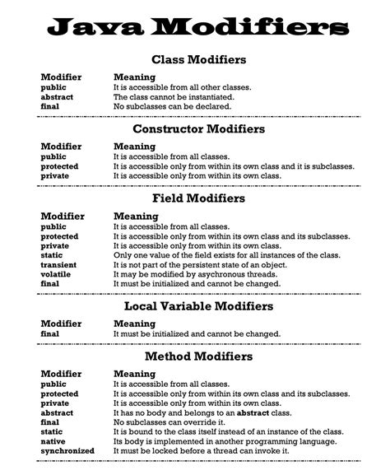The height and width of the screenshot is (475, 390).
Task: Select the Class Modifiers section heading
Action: coord(198,60)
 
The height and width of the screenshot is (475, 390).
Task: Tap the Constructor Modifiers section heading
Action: coord(198,129)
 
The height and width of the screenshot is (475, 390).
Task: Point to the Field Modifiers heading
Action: coord(198,198)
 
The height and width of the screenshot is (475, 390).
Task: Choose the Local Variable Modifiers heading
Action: coord(198,306)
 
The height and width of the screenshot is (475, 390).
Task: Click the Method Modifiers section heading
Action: coord(198,356)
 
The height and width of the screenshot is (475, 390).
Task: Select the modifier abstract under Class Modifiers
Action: coord(57,96)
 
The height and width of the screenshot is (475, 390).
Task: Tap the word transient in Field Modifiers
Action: coord(58,265)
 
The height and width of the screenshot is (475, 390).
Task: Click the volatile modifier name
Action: coord(56,274)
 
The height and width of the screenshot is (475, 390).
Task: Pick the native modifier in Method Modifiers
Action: coord(53,441)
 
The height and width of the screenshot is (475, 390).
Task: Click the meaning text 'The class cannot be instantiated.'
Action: coord(173,96)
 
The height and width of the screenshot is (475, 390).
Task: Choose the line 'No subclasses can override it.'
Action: coord(168,422)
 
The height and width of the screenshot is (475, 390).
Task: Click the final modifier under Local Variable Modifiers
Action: coord(50,333)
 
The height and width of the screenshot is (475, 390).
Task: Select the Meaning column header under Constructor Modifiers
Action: coord(135,147)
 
